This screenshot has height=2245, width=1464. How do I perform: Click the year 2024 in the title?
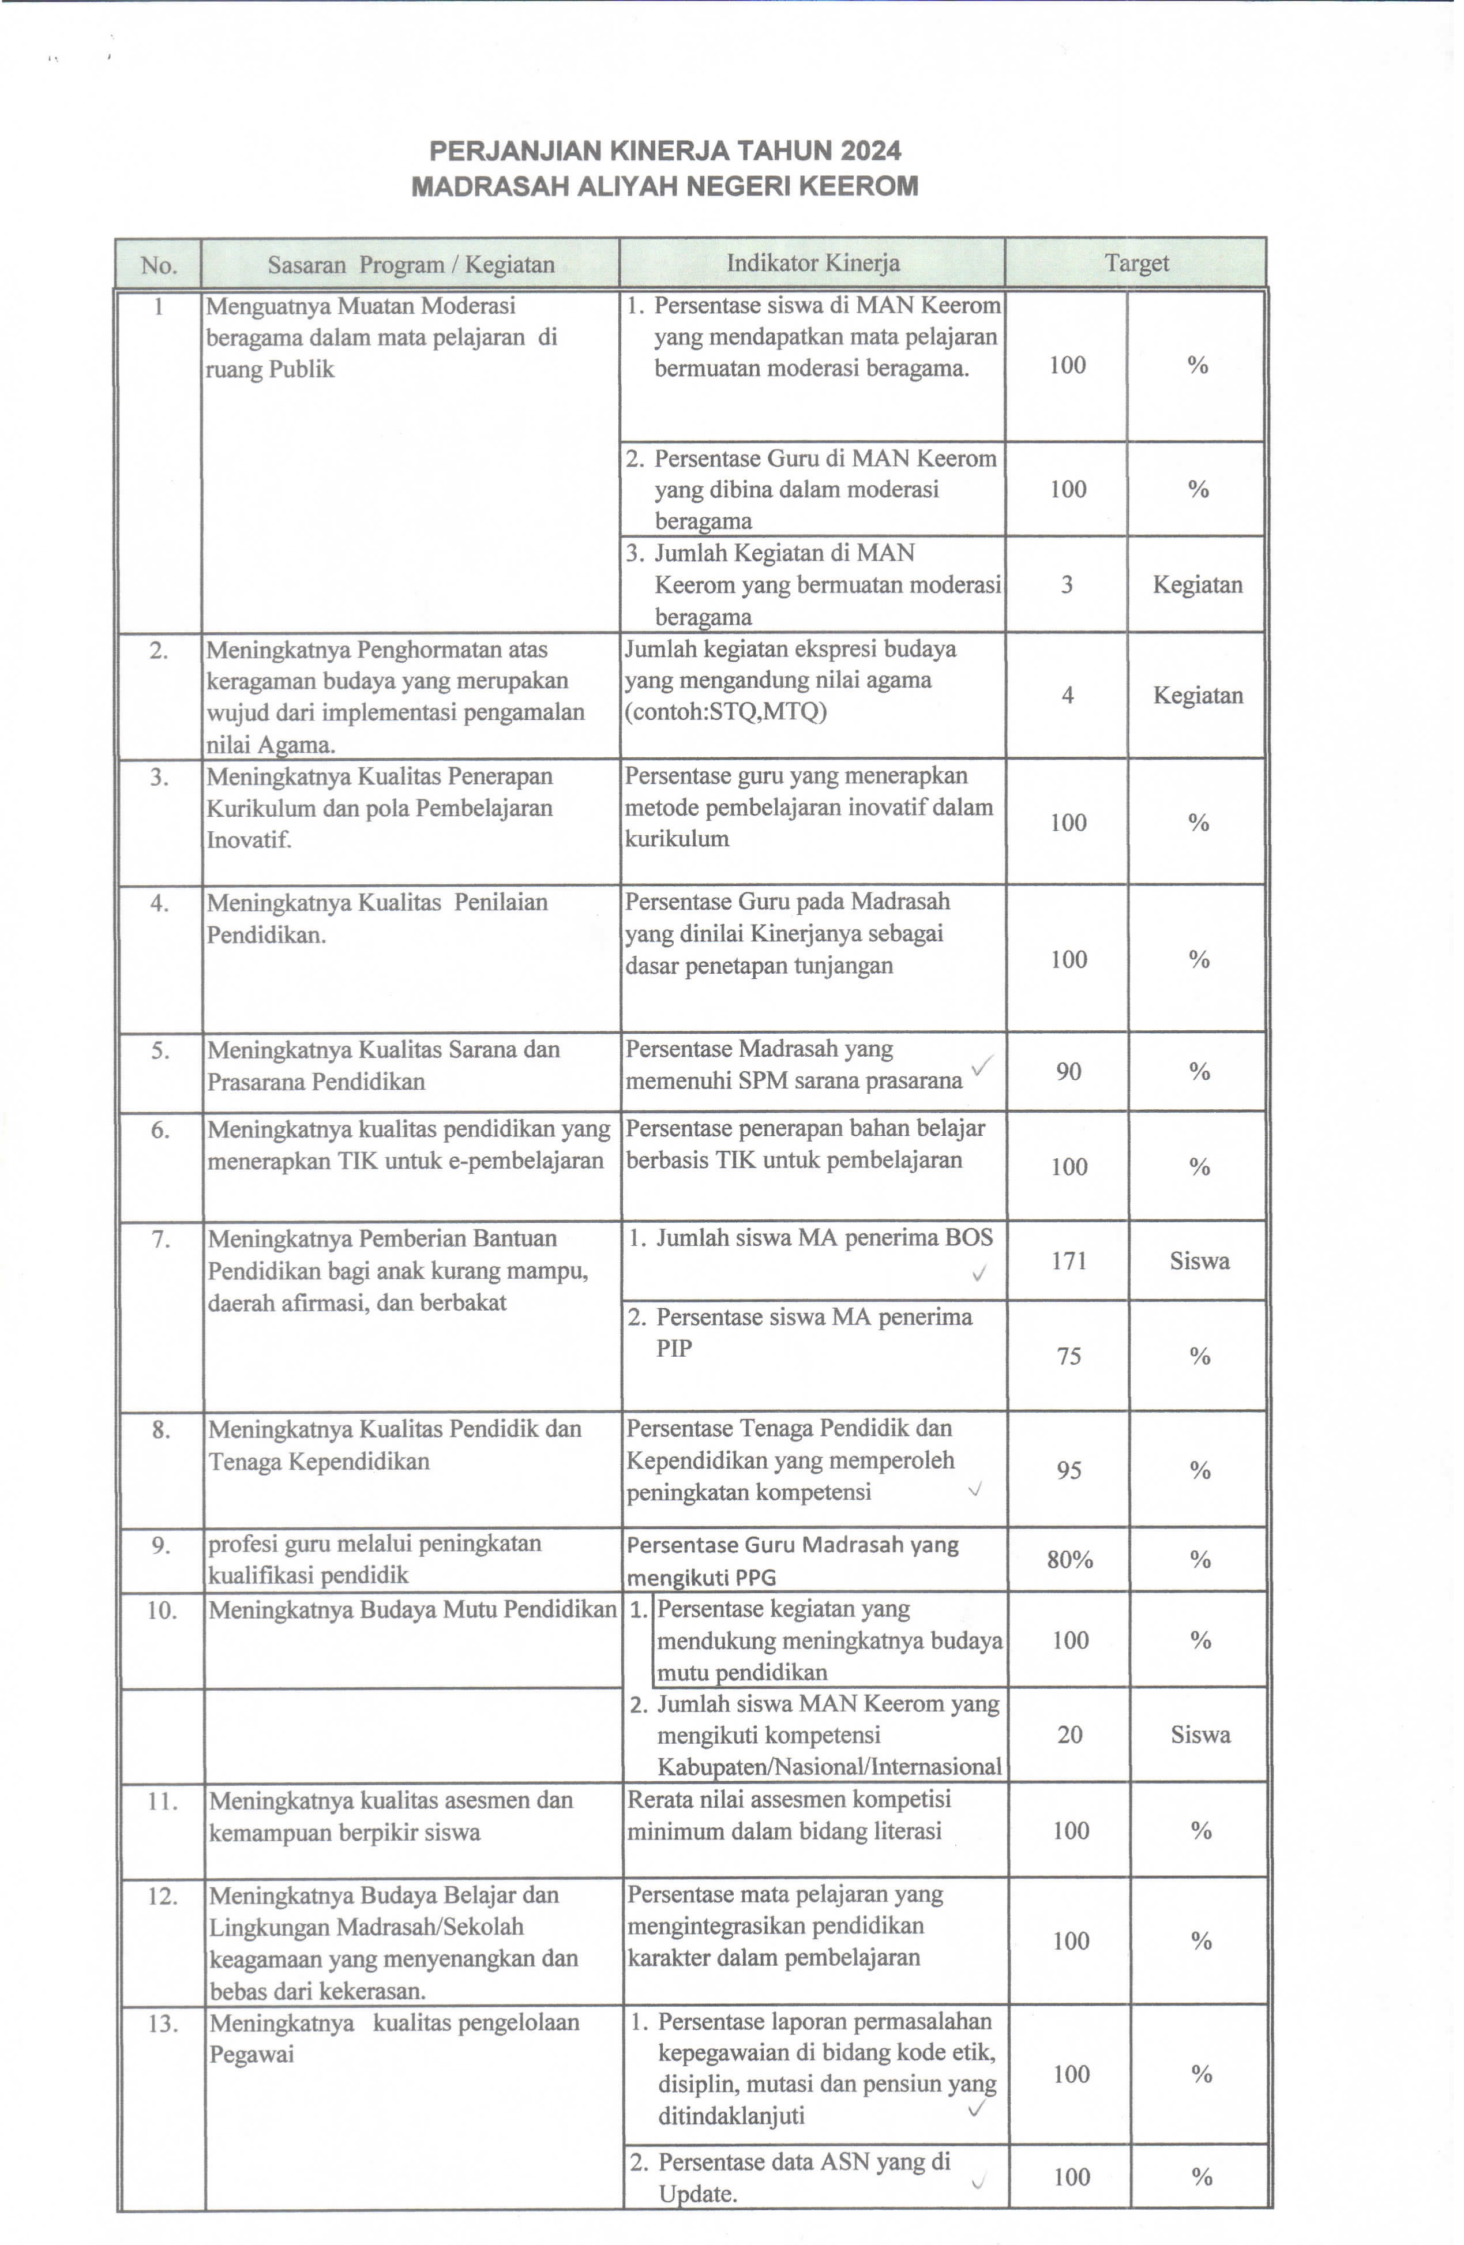[x=872, y=151]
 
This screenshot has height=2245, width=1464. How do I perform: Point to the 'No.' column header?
[x=159, y=265]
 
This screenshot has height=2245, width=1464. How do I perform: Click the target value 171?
[x=1069, y=1261]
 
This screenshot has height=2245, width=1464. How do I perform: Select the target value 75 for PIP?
[x=1069, y=1357]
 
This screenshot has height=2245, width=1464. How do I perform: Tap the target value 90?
[x=1069, y=1072]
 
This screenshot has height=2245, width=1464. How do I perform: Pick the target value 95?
[x=1069, y=1470]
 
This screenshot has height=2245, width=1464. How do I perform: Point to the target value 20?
[x=1069, y=1735]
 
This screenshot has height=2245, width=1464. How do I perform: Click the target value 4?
[x=1068, y=695]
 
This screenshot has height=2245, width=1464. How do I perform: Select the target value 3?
[x=1067, y=585]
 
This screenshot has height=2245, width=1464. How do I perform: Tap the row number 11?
[x=162, y=1801]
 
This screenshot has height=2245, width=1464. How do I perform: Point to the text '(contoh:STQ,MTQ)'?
[x=726, y=711]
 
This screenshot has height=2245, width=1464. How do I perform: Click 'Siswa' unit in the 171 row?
[x=1199, y=1261]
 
